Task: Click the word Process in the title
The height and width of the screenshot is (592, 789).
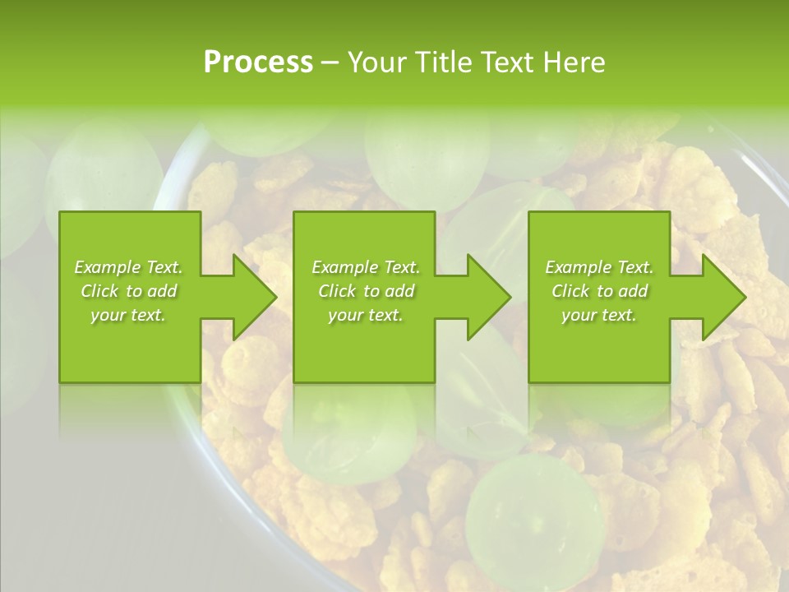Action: click(258, 62)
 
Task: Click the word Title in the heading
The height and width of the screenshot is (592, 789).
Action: click(445, 62)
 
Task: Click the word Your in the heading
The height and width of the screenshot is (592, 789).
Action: click(379, 62)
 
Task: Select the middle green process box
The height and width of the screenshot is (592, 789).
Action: click(364, 354)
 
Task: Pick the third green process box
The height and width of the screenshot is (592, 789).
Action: click(598, 354)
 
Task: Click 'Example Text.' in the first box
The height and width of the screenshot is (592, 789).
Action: click(128, 267)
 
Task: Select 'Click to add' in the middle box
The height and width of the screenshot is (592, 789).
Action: click(366, 291)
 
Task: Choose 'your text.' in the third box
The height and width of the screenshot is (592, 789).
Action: click(598, 315)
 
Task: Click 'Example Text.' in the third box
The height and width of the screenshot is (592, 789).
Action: click(599, 267)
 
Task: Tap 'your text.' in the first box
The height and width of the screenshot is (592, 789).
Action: click(128, 315)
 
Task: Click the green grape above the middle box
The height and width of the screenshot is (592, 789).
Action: click(427, 156)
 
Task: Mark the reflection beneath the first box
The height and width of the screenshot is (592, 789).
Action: click(130, 407)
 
